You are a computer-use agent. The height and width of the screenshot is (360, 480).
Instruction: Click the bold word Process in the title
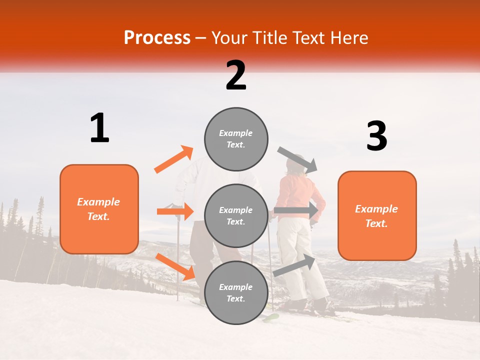[157, 38]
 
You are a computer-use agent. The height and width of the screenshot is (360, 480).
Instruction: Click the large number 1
[99, 128]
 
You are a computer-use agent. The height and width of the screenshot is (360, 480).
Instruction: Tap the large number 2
[236, 75]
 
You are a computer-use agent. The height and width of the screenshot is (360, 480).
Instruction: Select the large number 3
[376, 136]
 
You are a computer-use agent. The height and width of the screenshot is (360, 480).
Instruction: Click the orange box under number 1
[99, 209]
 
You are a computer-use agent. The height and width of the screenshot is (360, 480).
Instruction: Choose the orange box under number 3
[377, 215]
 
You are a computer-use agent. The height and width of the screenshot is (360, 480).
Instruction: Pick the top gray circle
[236, 139]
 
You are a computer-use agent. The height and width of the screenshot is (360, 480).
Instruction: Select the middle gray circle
[236, 215]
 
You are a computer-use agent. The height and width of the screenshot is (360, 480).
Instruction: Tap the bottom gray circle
[236, 292]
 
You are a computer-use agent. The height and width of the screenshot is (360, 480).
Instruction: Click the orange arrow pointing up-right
[174, 159]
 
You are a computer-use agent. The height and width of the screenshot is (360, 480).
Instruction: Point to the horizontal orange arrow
[175, 211]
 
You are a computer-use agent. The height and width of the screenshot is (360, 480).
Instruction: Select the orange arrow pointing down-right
[175, 266]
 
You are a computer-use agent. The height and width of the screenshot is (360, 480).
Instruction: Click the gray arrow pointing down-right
[297, 159]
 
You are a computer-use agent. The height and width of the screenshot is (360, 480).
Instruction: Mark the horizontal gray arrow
[296, 210]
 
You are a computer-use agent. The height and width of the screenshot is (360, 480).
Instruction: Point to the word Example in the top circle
[236, 133]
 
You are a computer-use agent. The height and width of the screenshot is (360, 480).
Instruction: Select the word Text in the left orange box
[98, 216]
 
